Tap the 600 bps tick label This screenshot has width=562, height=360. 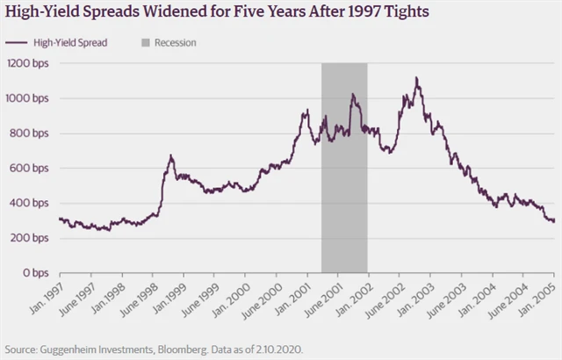click(x=30, y=169)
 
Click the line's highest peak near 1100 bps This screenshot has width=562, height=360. click(x=416, y=78)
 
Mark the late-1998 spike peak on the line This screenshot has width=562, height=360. click(x=171, y=155)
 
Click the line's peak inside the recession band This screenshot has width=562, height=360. click(x=352, y=94)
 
